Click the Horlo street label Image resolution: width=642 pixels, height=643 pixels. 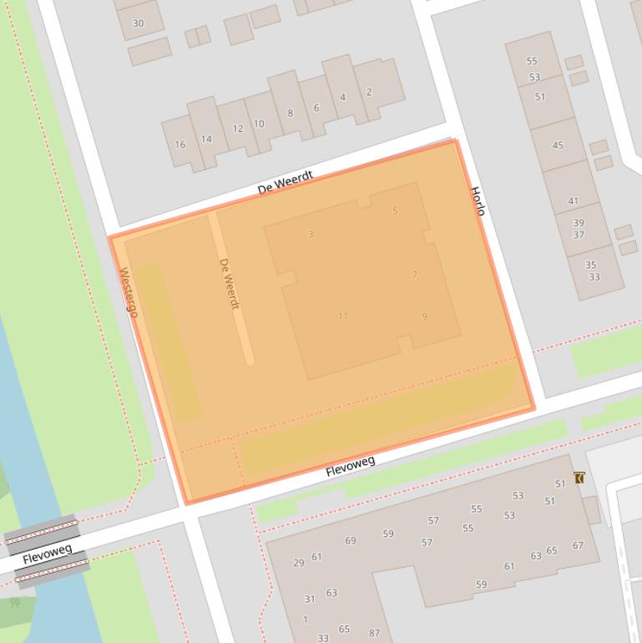pos(478,201)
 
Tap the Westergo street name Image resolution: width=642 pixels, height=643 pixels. pos(129,292)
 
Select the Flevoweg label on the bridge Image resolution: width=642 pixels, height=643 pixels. pos(48,554)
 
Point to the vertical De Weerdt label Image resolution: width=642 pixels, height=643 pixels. pos(230,284)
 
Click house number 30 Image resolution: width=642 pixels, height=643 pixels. pos(138,23)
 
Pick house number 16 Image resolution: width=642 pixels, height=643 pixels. pos(179,144)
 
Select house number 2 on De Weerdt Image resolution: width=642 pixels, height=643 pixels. pos(369,92)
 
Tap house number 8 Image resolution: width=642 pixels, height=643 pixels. pos(290,114)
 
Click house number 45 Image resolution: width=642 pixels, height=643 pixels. pos(558,145)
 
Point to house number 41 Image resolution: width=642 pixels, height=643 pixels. pos(573,201)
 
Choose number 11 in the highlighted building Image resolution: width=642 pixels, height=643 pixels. pos(343,316)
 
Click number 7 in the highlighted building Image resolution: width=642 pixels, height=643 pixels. pos(414,274)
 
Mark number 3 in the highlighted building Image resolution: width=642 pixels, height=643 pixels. pos(311,235)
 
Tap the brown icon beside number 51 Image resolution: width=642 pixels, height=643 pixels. pos(579,478)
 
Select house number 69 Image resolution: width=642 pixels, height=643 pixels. pos(351,541)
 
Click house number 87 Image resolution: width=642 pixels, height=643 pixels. pos(374,634)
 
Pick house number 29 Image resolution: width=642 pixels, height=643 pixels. pos(298,564)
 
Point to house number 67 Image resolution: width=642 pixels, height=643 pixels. pos(578,546)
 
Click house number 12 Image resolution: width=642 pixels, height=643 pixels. pos(238,129)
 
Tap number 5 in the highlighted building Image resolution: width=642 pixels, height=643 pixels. pos(395,211)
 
